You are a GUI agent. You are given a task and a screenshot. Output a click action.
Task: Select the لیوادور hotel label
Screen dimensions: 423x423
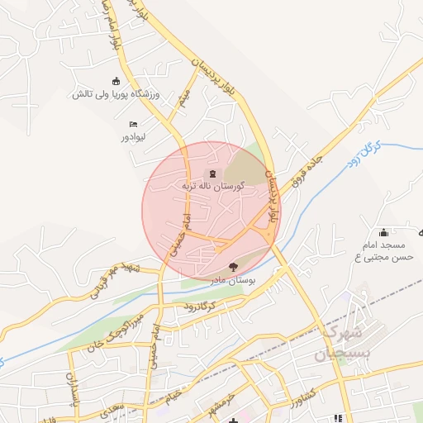[x=132, y=136]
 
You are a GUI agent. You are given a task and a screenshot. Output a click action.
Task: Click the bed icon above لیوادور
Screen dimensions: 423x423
[x=132, y=124]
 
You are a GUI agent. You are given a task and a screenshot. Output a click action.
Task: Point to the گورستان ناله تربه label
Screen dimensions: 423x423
[x=213, y=188]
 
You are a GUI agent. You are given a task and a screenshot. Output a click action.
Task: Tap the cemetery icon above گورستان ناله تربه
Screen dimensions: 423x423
[x=213, y=173]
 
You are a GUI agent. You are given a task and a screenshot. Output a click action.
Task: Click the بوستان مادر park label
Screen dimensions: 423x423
[x=232, y=281]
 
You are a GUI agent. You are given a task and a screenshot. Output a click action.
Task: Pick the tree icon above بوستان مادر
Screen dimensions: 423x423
[x=232, y=267]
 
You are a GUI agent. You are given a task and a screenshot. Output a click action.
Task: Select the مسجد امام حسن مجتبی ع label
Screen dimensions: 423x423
[x=383, y=252]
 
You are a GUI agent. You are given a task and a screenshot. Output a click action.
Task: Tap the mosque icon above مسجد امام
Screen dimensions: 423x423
[x=383, y=232]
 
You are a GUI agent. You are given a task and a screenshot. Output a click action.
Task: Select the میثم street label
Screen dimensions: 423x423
[x=184, y=99]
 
